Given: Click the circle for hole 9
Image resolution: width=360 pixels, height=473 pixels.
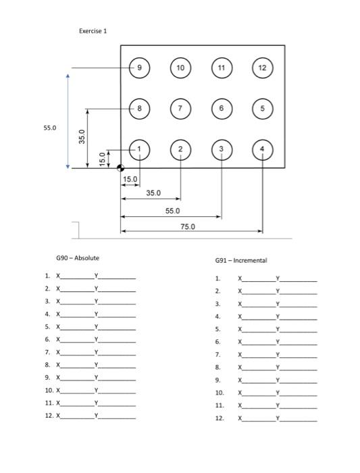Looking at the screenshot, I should tap(140, 68).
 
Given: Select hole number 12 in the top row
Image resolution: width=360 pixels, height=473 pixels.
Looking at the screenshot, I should tap(263, 68).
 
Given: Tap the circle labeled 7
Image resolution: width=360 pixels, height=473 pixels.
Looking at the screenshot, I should tap(180, 108).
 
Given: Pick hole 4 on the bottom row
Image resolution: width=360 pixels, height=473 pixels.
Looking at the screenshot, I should tap(263, 149).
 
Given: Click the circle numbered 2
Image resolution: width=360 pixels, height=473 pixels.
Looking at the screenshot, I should tap(180, 149).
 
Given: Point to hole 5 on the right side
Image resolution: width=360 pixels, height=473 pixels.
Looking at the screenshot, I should tap(263, 108).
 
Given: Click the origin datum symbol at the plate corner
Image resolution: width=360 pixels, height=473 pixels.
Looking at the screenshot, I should tap(121, 169).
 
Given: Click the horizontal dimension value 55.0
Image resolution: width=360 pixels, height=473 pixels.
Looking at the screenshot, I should tap(173, 211).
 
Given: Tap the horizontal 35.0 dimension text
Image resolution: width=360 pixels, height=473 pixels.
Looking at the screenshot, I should tap(153, 193).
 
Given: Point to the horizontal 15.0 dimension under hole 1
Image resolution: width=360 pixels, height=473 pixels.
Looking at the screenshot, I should tap(130, 179).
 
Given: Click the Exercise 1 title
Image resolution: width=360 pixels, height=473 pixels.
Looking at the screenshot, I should tap(93, 31).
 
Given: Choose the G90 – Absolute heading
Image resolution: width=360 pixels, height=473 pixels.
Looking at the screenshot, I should tap(78, 258).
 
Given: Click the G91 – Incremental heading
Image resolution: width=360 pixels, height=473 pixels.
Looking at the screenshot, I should tap(241, 260).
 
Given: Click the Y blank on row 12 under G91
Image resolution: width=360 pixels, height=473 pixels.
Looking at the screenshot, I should tap(298, 419).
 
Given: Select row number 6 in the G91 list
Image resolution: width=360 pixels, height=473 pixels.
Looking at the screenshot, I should tap(217, 342).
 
